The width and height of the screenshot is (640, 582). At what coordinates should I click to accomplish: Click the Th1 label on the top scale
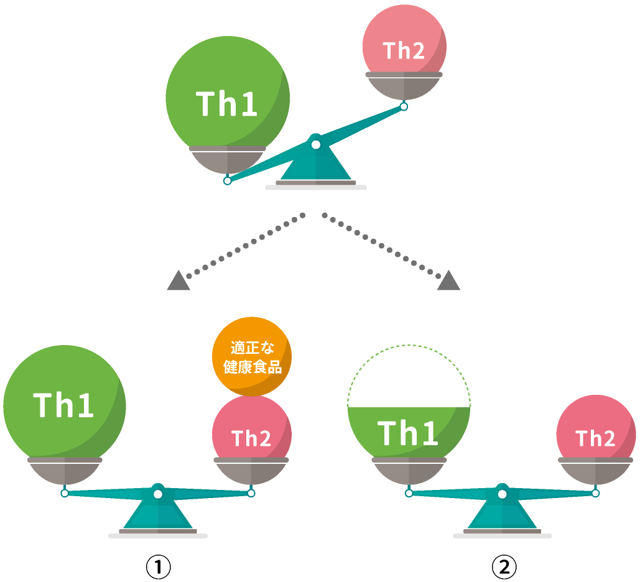point(227,104)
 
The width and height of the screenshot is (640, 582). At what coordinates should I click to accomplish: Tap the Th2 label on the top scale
point(404,51)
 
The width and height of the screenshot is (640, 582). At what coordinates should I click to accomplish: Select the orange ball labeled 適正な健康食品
point(252,357)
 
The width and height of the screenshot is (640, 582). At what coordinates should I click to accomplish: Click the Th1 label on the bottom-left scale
point(64,405)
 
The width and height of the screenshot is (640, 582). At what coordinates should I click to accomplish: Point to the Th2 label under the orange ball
point(251,438)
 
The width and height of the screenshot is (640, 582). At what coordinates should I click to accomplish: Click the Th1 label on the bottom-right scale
point(408,433)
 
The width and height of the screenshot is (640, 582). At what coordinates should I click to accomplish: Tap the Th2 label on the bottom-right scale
point(595,438)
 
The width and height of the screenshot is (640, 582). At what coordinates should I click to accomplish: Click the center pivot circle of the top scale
point(316,145)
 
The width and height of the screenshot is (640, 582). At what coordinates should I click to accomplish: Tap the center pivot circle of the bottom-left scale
point(158,494)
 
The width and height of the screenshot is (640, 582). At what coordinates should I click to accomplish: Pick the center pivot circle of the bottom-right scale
point(502,494)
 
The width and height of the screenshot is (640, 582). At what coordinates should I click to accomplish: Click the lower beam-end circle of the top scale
point(228,180)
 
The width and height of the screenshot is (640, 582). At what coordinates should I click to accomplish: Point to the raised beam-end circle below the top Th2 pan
point(404,107)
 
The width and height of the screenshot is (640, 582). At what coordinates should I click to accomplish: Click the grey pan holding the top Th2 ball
point(404,86)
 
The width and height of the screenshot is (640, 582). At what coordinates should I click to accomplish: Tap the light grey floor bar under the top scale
point(316,187)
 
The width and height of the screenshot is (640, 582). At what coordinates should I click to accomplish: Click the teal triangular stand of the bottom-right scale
point(502,516)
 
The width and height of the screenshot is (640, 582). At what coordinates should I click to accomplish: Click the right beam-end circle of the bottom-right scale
point(595,493)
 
